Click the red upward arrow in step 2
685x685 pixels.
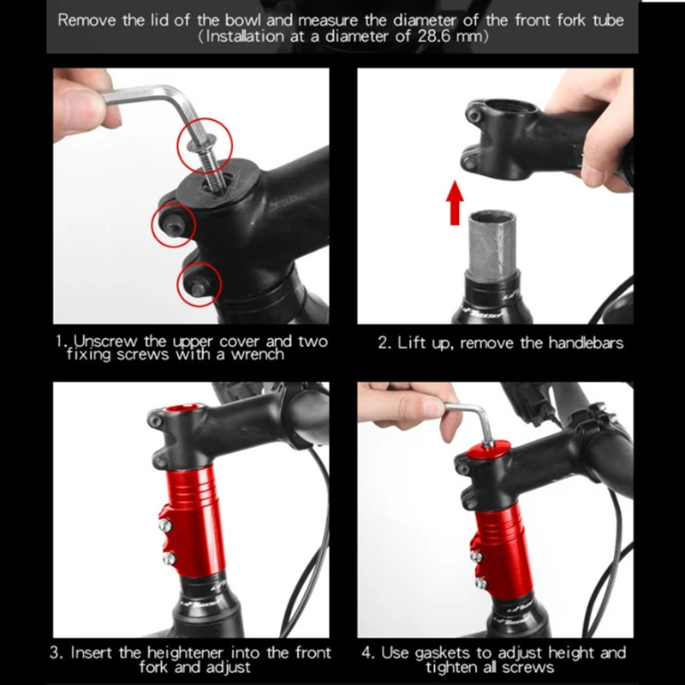455,203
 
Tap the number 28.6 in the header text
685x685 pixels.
434,36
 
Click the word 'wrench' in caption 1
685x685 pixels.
258,354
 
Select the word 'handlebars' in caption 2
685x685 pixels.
586,343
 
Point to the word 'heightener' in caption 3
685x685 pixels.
185,652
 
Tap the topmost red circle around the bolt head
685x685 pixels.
205,145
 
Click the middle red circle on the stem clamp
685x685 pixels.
174,224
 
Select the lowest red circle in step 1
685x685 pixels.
200,284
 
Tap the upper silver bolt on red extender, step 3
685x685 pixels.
164,526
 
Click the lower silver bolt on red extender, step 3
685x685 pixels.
169,558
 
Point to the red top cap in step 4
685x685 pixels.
488,451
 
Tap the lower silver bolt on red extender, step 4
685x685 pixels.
481,583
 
